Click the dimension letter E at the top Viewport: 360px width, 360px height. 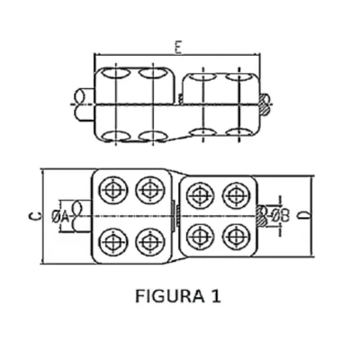[x=178, y=49]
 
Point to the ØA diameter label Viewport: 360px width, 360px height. [x=61, y=217]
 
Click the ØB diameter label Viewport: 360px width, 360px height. [x=281, y=215]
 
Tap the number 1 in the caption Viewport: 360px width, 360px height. [x=216, y=296]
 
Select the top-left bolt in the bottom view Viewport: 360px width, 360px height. [x=113, y=190]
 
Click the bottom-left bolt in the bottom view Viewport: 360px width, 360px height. [x=113, y=242]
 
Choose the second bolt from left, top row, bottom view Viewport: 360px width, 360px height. [x=149, y=190]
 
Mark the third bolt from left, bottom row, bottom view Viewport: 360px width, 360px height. [x=200, y=237]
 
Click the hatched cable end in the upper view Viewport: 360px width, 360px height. [x=265, y=104]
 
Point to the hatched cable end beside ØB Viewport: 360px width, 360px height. [x=261, y=216]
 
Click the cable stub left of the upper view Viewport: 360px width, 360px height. [x=85, y=104]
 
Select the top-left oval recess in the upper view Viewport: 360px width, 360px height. [x=115, y=73]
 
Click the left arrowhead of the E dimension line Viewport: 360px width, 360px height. [x=96, y=55]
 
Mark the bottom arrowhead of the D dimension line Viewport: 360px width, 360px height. [x=311, y=254]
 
